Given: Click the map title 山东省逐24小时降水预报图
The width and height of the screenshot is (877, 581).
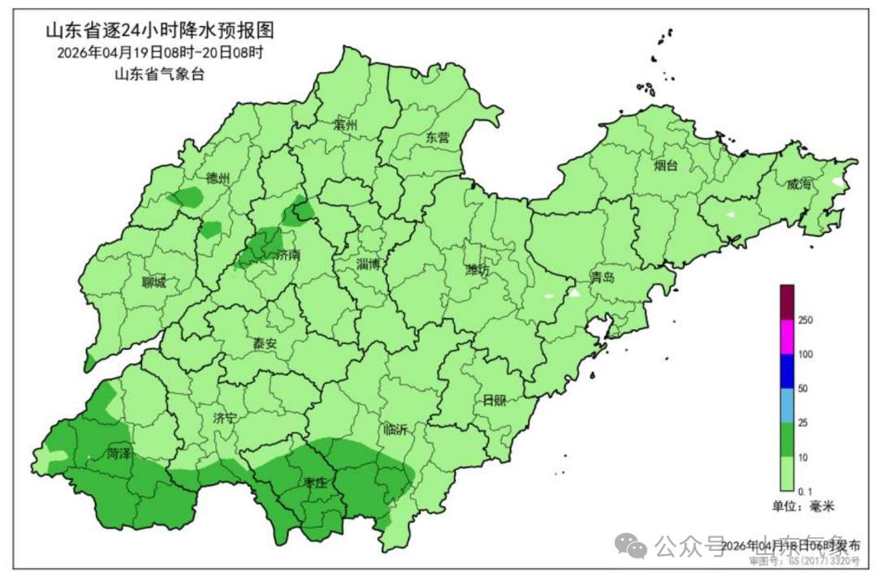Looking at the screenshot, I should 158,32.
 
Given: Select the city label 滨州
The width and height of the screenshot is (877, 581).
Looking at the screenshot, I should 345,126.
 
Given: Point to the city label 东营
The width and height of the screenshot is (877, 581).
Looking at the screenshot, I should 438,138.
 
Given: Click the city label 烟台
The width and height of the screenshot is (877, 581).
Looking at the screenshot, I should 666,166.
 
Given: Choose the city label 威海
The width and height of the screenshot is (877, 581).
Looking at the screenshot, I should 799,185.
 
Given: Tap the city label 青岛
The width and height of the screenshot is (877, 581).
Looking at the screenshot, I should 603,278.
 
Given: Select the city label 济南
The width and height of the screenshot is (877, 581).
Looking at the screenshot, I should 288,255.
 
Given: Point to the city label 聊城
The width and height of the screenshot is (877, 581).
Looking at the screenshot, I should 153,283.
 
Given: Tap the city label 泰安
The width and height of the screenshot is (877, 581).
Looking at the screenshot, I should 265,344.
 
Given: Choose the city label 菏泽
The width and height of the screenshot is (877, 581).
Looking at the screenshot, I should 119,454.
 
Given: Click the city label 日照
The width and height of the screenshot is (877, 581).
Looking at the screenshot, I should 493,401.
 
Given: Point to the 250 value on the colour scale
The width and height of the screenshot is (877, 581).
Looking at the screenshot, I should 806,321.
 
